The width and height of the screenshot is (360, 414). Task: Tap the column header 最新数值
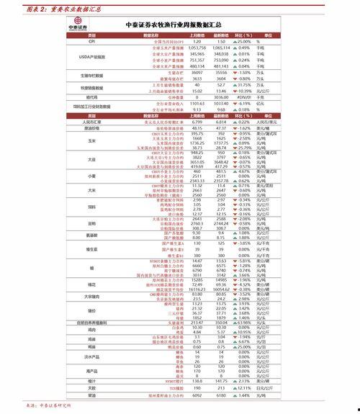click(221, 35)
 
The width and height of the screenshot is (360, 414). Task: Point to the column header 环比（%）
click(244, 35)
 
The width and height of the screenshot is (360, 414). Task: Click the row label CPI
click(91, 42)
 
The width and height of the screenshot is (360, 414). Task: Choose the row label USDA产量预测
click(91, 55)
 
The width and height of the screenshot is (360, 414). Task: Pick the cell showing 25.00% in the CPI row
click(244, 42)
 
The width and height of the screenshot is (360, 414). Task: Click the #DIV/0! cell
click(244, 96)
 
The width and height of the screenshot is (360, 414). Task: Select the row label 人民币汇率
click(91, 122)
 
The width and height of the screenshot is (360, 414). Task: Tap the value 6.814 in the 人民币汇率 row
click(221, 122)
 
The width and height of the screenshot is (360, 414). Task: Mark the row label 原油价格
click(91, 127)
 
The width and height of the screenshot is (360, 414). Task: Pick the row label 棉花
click(91, 285)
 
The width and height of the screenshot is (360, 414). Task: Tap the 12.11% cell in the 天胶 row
click(244, 388)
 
